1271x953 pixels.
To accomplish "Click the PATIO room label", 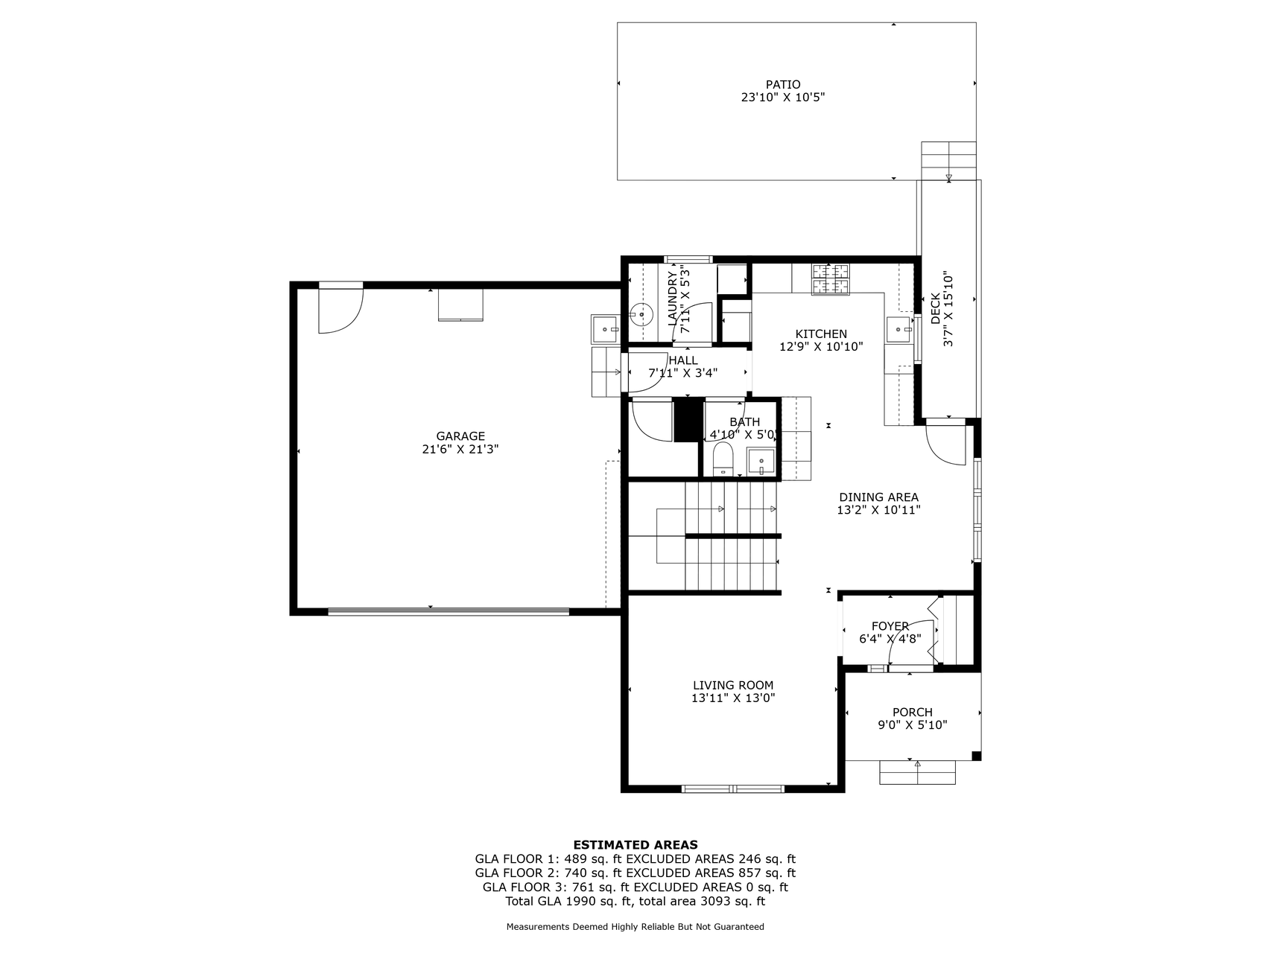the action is (x=782, y=85).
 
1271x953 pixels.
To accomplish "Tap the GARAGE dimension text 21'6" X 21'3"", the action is (x=460, y=450).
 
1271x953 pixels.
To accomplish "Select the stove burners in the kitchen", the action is (x=831, y=279).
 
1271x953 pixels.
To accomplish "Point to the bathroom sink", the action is (x=761, y=462).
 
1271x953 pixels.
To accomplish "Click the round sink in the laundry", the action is (x=641, y=316).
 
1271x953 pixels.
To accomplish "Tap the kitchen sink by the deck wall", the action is (x=899, y=328).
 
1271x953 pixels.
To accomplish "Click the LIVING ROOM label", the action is (x=733, y=686).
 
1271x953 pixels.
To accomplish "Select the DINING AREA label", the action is (x=878, y=497).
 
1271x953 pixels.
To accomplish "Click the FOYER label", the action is (x=890, y=626).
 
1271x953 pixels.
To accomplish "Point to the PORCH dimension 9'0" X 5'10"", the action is (x=913, y=725).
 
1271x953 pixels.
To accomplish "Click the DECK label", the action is (x=936, y=308).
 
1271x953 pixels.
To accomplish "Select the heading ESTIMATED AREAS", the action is (x=635, y=845).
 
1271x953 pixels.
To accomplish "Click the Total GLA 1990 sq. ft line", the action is (x=635, y=902).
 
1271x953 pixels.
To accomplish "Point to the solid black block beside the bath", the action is (x=689, y=420).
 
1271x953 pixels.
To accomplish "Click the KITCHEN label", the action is (x=821, y=334).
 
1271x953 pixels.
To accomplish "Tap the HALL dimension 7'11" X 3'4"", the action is (x=683, y=373).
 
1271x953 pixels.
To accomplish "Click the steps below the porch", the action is (x=917, y=772).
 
